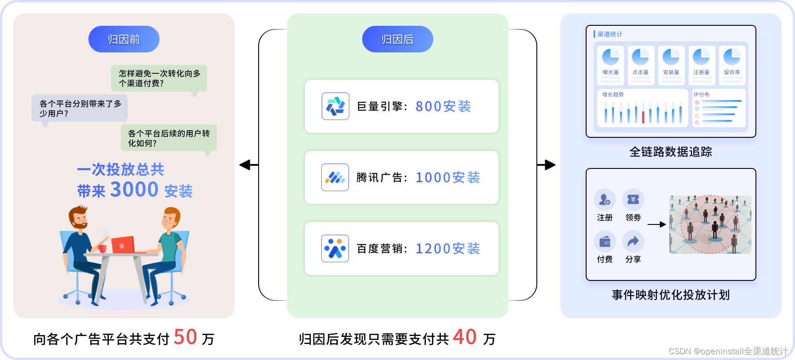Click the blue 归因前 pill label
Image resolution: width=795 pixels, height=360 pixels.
coord(124,39)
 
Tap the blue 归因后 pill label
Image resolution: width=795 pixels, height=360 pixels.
coord(397,39)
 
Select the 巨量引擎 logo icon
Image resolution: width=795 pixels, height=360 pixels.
coord(336,106)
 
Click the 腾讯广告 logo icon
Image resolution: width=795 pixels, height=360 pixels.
coord(335,177)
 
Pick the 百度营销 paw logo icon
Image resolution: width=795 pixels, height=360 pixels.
coord(335,248)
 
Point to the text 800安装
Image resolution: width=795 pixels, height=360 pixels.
coord(443,107)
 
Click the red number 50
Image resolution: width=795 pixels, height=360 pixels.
coord(185,337)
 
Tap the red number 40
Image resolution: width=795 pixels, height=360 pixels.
coord(465,337)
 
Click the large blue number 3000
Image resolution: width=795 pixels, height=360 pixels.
coord(134,190)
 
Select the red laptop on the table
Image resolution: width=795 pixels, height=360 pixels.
coord(123,244)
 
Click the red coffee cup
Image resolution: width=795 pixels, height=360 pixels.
coord(103,248)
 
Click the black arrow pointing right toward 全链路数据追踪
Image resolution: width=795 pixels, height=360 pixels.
coord(547,165)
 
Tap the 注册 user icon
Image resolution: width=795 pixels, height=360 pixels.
coord(604,200)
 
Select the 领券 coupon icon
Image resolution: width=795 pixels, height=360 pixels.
coord(633,200)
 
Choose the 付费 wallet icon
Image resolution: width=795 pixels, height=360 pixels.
coord(604,241)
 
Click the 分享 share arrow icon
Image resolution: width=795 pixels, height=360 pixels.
coord(633,241)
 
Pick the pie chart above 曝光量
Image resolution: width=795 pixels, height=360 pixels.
coord(611,57)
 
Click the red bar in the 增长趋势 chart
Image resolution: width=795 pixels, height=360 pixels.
coord(643,116)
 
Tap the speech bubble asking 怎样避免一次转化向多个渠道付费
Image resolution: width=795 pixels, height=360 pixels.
coord(159,78)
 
